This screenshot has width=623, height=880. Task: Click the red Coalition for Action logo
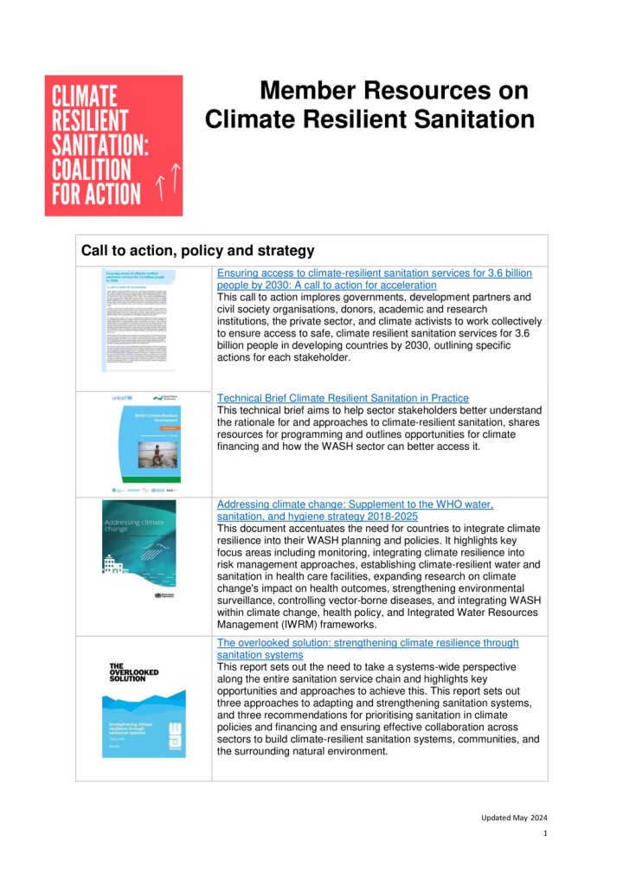113,145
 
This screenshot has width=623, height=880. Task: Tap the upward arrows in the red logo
166,180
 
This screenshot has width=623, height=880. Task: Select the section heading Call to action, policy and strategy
197,251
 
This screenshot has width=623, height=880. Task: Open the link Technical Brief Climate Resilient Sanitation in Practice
343,398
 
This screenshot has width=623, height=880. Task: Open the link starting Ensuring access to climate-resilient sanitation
375,273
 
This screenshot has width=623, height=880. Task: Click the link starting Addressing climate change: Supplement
355,504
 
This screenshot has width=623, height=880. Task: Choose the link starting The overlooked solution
368,643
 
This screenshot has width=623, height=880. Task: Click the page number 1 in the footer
545,834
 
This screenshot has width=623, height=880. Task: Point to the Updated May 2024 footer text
514,817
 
